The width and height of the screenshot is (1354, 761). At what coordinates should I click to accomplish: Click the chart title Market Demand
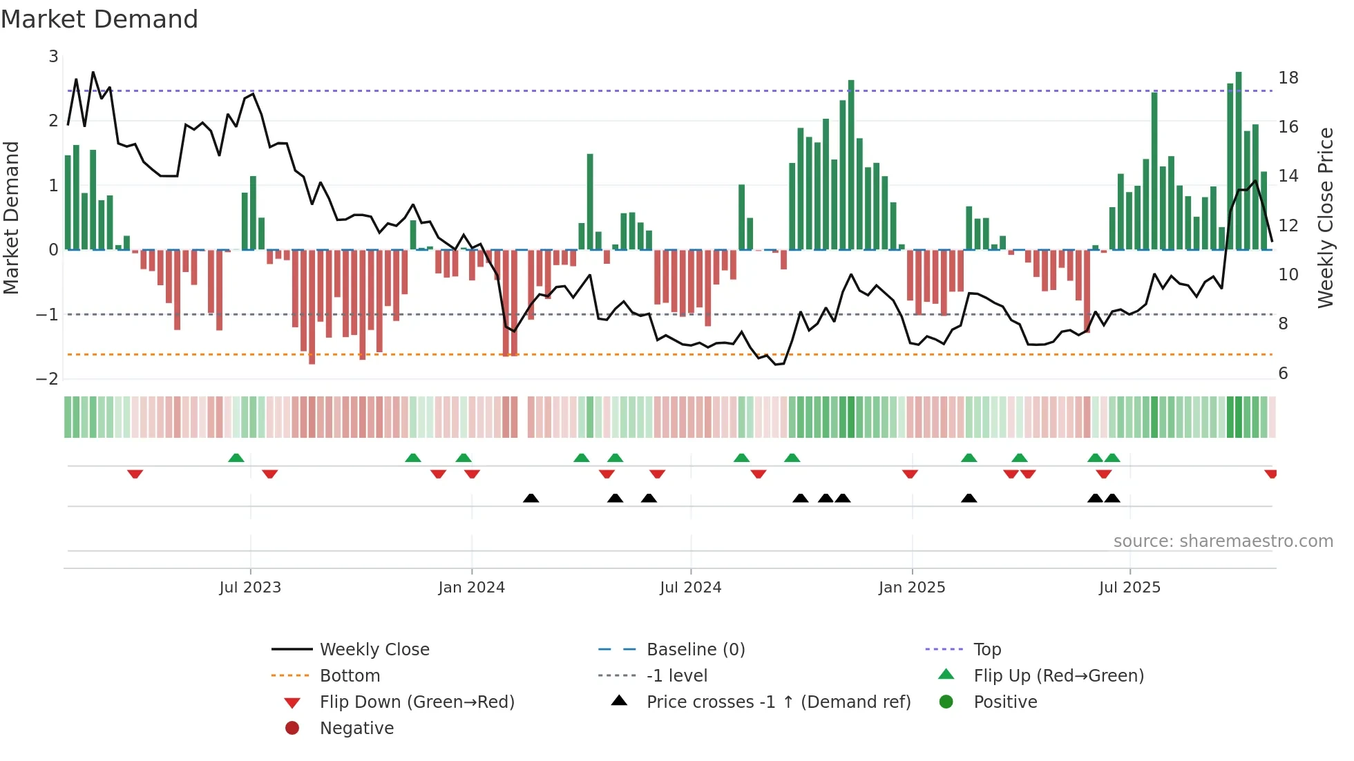click(99, 19)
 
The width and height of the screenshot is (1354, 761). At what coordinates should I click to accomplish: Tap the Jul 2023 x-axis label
click(250, 588)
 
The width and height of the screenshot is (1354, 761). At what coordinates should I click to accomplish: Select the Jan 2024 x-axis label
click(471, 588)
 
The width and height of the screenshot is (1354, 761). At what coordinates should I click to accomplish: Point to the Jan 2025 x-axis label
click(911, 588)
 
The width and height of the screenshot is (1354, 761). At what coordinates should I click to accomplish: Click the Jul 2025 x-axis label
click(1129, 588)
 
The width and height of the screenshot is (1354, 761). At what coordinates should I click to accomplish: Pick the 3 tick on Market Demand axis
click(53, 57)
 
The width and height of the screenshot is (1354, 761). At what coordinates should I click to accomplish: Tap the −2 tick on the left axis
click(48, 379)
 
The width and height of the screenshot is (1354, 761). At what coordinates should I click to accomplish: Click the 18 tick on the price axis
click(1288, 78)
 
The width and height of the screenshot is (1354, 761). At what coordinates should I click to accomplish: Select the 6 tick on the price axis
click(1283, 374)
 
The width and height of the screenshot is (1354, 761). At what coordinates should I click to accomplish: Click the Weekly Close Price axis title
click(1325, 218)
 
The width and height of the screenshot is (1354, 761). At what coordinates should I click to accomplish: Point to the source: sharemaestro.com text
click(1223, 541)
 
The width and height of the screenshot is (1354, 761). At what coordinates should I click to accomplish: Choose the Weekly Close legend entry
click(374, 650)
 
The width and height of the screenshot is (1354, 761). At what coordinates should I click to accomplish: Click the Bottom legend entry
click(350, 676)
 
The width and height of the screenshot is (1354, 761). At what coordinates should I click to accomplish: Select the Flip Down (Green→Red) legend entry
click(417, 702)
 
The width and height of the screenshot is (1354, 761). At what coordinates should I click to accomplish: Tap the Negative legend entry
click(356, 729)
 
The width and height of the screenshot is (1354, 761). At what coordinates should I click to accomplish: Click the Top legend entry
click(987, 650)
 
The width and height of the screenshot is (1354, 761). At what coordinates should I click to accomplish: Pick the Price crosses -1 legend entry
click(778, 702)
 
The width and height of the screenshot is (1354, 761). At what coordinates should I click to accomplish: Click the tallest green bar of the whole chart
click(1239, 160)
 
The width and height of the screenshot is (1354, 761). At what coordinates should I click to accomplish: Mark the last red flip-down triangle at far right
click(1270, 474)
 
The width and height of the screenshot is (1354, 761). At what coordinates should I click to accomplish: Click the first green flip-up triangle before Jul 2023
click(236, 458)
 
